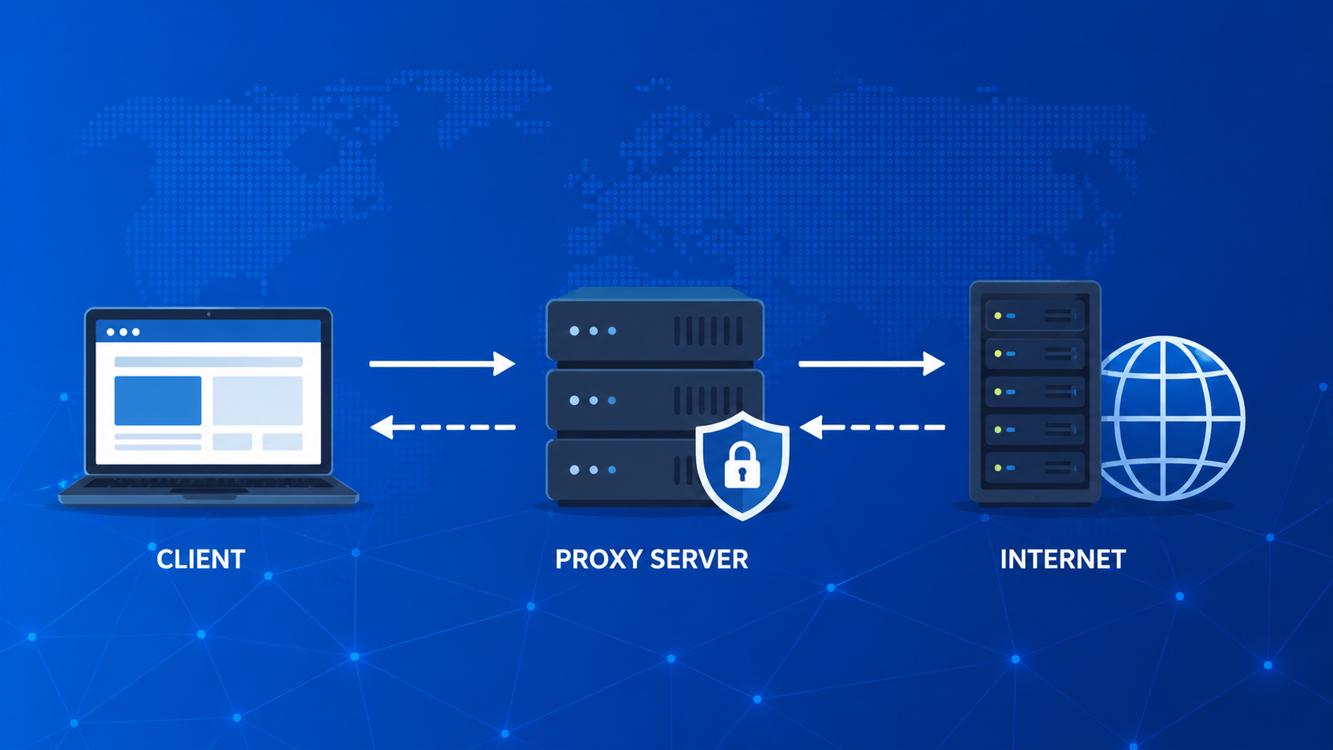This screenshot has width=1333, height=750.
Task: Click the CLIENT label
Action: (x=200, y=560)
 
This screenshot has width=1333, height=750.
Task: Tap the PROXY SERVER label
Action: (x=651, y=560)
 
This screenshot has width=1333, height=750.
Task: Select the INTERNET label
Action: (x=1063, y=560)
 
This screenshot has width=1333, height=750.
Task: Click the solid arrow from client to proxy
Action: (x=442, y=363)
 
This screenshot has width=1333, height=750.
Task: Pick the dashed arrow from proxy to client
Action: (x=443, y=427)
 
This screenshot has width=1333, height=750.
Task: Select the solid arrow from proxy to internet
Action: (x=871, y=363)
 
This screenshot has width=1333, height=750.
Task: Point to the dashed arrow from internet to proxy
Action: (x=872, y=427)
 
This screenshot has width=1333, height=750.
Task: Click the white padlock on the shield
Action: (x=742, y=465)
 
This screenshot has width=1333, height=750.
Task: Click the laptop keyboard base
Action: (x=208, y=489)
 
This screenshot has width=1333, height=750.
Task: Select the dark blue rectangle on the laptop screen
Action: (x=158, y=400)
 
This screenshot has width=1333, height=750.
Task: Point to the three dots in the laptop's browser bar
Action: (x=123, y=332)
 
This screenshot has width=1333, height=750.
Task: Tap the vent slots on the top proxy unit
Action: (x=708, y=331)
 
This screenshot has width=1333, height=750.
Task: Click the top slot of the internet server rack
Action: (x=1035, y=316)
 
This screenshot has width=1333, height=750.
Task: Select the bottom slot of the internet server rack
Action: (x=1035, y=467)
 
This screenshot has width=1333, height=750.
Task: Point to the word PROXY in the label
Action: (x=599, y=560)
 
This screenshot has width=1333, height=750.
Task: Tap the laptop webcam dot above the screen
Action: (x=208, y=314)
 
